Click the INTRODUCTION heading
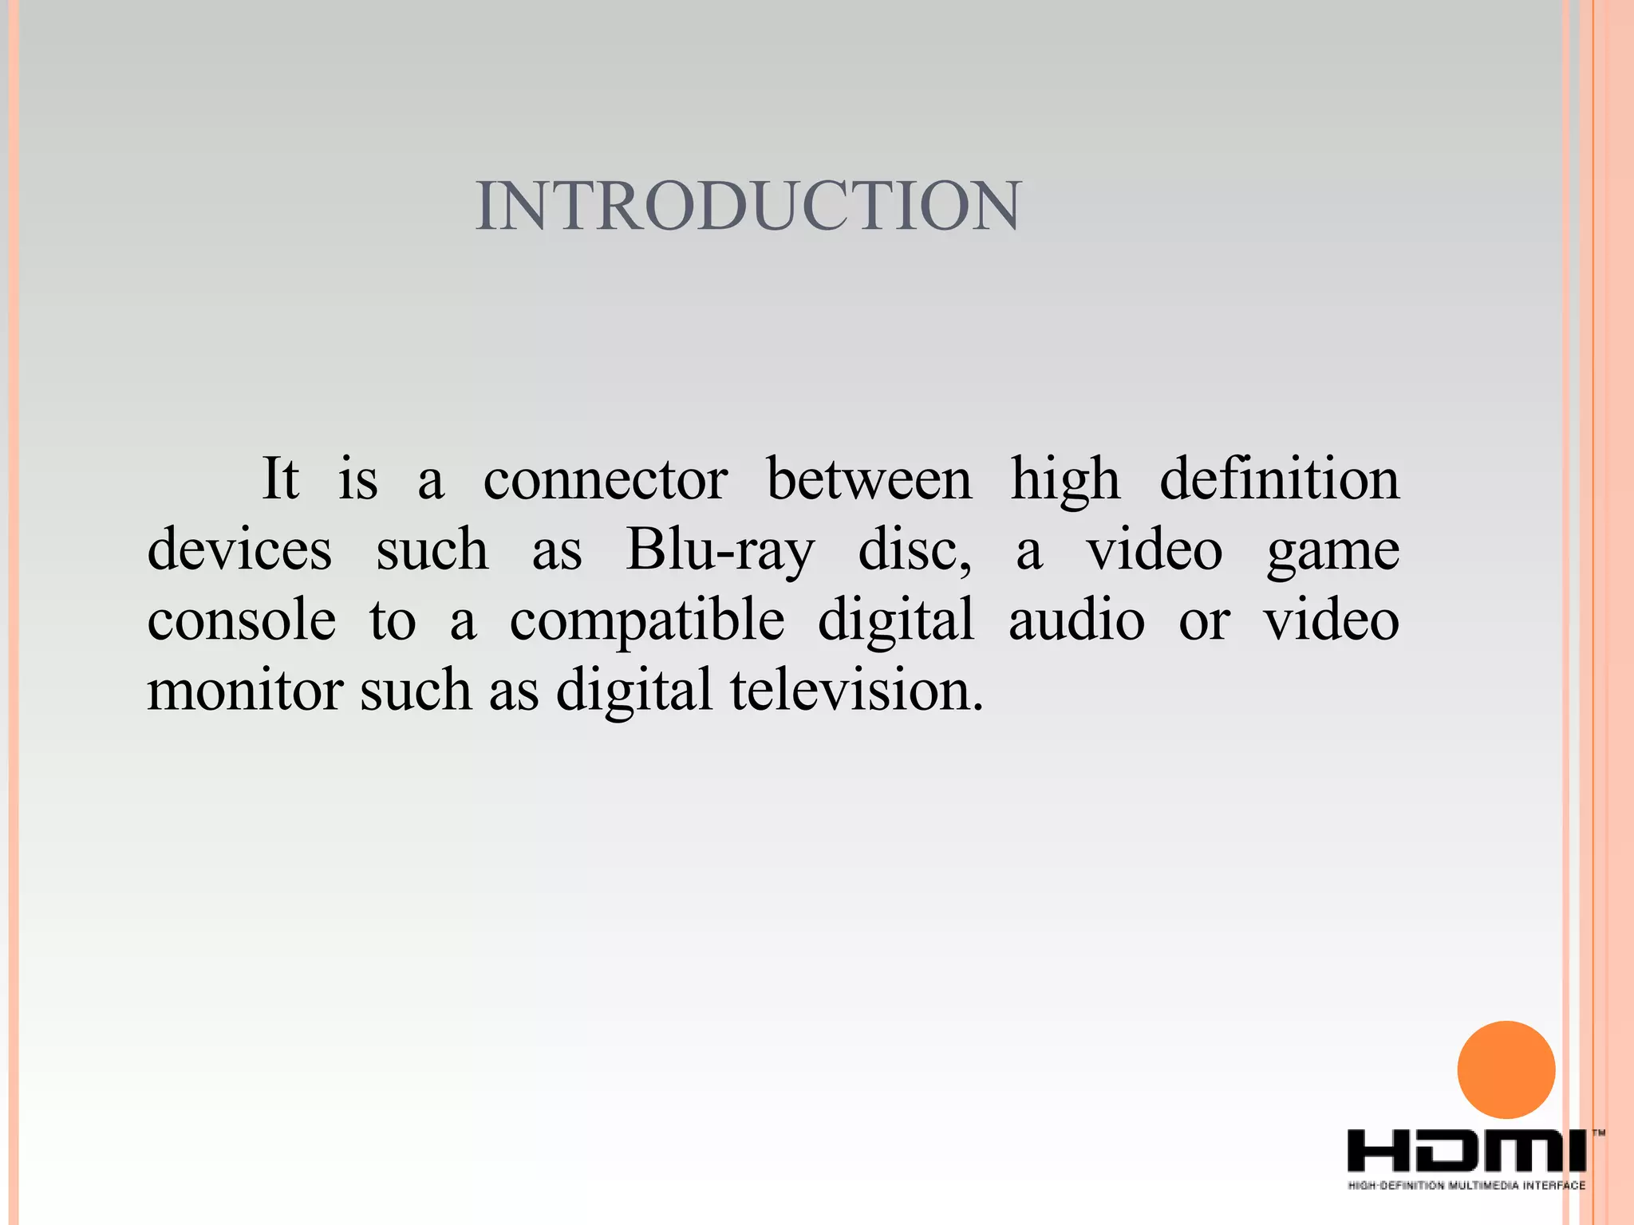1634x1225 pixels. coord(748,206)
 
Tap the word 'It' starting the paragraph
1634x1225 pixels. coord(281,479)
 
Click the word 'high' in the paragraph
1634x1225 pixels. coord(1065,480)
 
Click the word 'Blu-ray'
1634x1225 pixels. coord(720,551)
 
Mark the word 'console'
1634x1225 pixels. coord(241,620)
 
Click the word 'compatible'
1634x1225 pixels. coord(647,622)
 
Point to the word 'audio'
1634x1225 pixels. coord(1076,620)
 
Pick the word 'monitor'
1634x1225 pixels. coord(245,691)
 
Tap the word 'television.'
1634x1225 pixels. coord(857,691)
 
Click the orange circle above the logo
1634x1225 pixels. coord(1506,1069)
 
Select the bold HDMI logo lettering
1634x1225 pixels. coord(1466,1152)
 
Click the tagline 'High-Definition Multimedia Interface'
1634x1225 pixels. coord(1466,1185)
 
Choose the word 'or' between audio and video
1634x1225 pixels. coord(1204,620)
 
